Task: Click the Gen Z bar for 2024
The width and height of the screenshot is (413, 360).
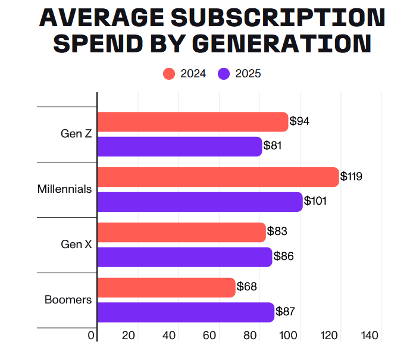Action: [x=192, y=122]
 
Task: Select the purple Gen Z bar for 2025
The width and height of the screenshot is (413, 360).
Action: [x=179, y=146]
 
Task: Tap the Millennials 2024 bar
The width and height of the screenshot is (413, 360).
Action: [x=218, y=177]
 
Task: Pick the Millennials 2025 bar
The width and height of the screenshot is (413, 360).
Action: [x=199, y=202]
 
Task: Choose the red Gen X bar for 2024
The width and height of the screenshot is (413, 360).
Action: [x=181, y=232]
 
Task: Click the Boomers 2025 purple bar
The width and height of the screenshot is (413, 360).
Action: [x=185, y=312]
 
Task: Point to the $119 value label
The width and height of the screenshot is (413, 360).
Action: [x=351, y=177]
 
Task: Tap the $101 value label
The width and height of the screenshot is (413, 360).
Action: [x=315, y=201]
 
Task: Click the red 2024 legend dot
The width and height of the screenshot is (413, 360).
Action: [x=169, y=74]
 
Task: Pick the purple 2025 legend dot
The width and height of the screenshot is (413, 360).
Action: [x=224, y=74]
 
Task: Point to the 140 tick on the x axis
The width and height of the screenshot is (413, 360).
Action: [x=370, y=336]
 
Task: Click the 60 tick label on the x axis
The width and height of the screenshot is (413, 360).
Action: [x=209, y=336]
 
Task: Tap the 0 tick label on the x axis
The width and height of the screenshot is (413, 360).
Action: [x=91, y=336]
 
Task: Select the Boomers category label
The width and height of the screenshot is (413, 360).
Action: [x=68, y=300]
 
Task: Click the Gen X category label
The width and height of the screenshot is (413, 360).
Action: [x=76, y=245]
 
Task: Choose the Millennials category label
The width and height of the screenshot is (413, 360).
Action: [x=64, y=189]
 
